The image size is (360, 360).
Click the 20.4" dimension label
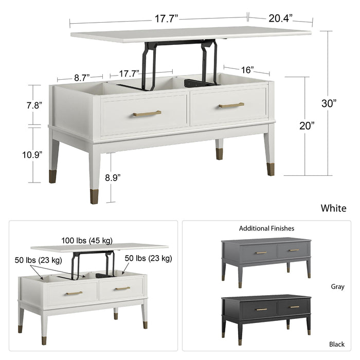pos(281,19)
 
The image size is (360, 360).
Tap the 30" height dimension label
pos(329,103)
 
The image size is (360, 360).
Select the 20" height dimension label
pos(307,125)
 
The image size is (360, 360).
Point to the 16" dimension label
pos(247,70)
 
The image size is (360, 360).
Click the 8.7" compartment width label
pos(82,78)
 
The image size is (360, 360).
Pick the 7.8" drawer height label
pos(34,105)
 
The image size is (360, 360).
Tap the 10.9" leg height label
pos(32,155)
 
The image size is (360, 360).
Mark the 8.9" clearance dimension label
pos(113,177)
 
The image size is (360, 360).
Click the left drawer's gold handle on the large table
pos(147,114)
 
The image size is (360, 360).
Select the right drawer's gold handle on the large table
pos(231,105)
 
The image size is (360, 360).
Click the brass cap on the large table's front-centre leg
pos(94,196)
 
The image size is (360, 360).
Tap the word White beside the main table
pos(333,208)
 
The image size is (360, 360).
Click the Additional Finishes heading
pos(266,228)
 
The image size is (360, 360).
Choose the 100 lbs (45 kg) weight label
pos(87,241)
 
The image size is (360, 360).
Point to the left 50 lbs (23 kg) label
pos(39,260)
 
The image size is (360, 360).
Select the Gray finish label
pos(337,286)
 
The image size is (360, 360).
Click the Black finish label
pos(337,344)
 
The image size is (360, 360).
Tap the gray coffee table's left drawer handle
pos(261,253)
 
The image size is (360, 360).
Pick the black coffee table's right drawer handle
pos(295,307)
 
